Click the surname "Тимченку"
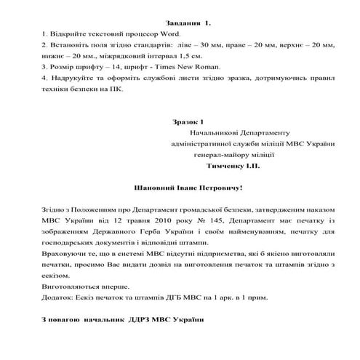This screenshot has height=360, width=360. coord(219,166)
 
